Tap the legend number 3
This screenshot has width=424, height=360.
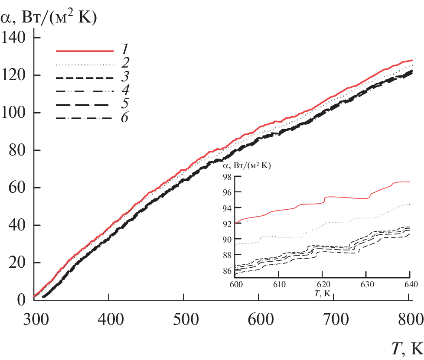click(124, 78)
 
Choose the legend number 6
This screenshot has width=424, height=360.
click(124, 117)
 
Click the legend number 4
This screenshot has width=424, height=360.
click(124, 91)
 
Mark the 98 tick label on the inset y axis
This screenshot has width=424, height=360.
click(224, 177)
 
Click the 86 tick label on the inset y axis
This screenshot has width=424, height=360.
click(224, 271)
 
